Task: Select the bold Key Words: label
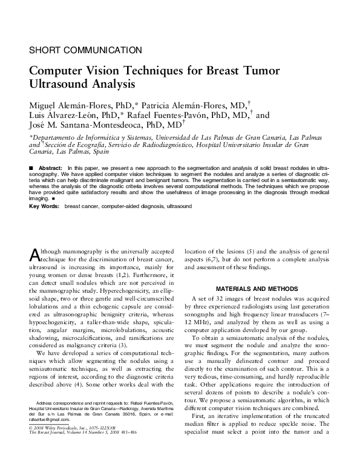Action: [44, 206]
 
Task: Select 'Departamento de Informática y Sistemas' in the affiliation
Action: [88, 138]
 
